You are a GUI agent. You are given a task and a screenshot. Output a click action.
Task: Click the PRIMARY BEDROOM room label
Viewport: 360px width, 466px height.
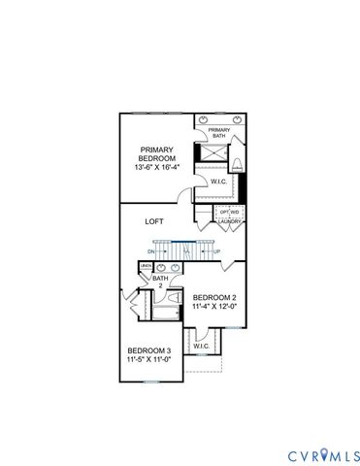pyautogui.click(x=156, y=155)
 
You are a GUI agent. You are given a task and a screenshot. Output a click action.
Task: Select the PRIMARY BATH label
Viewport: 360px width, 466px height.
pyautogui.click(x=218, y=132)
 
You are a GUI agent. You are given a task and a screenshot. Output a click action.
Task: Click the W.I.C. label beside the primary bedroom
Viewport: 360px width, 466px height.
pyautogui.click(x=219, y=181)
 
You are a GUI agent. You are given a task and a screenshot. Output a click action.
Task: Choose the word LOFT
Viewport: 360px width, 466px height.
pyautogui.click(x=153, y=221)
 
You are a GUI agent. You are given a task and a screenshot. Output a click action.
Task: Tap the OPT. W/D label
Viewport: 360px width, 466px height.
pyautogui.click(x=229, y=212)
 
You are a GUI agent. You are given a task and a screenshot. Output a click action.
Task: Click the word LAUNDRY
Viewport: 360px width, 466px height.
pyautogui.click(x=229, y=221)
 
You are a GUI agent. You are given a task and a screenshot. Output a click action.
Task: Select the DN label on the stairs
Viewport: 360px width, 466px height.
pyautogui.click(x=151, y=251)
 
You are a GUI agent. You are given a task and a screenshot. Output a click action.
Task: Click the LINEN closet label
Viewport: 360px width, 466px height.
pyautogui.click(x=146, y=266)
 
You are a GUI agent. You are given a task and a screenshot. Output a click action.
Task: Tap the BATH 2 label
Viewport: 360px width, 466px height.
pyautogui.click(x=158, y=282)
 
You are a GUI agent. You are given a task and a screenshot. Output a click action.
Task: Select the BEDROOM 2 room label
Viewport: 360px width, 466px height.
pyautogui.click(x=213, y=297)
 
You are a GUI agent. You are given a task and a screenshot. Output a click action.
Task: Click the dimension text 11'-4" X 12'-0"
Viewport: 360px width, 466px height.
pyautogui.click(x=213, y=308)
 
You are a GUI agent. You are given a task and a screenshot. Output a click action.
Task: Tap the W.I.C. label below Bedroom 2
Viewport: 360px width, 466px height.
pyautogui.click(x=201, y=346)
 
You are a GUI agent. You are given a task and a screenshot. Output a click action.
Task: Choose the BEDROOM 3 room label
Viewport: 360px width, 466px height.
pyautogui.click(x=149, y=350)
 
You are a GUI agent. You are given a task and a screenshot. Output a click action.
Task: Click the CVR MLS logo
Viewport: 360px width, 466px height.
pyautogui.click(x=324, y=455)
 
